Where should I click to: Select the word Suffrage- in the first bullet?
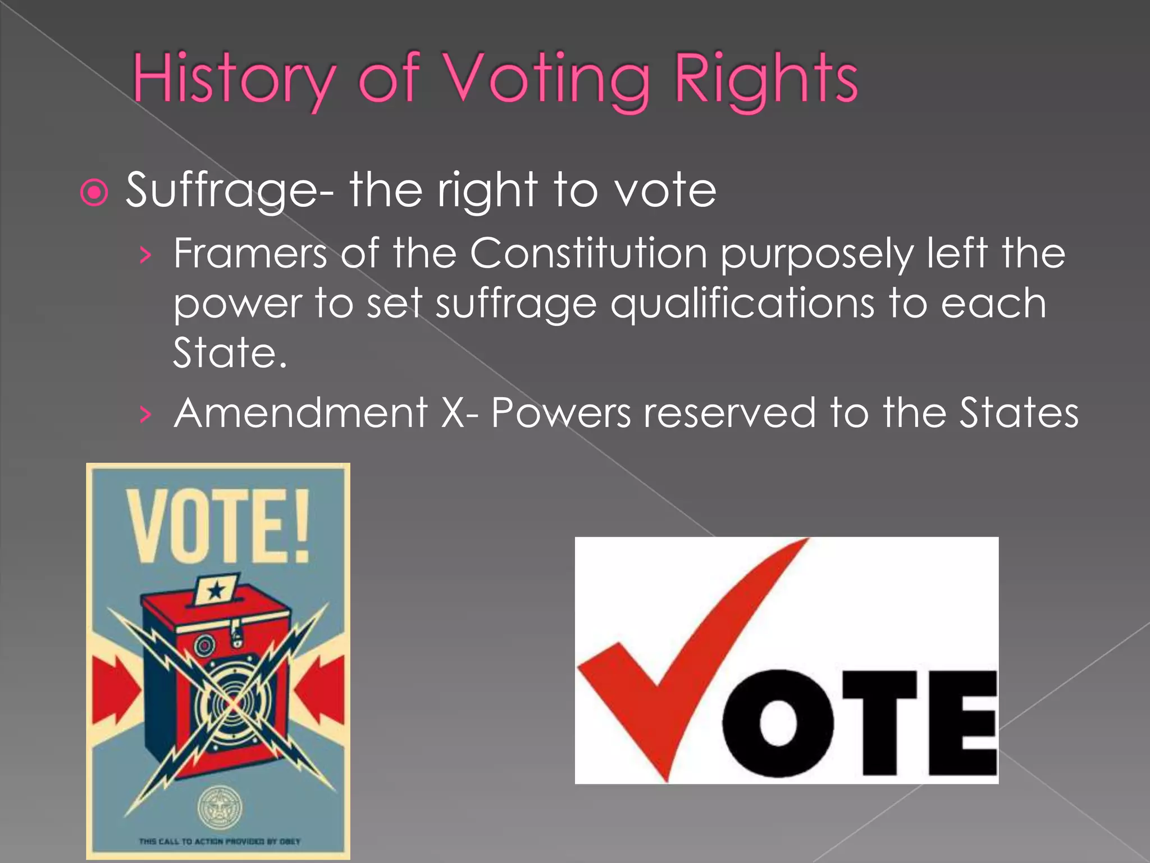[x=230, y=191]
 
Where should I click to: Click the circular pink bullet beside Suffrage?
[x=94, y=193]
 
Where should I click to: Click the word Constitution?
[x=588, y=254]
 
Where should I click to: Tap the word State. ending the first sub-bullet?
[x=230, y=353]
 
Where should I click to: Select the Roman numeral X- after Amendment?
[x=459, y=414]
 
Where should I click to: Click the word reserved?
[x=729, y=414]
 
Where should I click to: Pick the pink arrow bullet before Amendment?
[x=146, y=415]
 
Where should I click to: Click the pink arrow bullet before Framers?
[x=146, y=256]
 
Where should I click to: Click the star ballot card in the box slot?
[x=216, y=589]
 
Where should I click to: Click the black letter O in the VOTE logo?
[x=778, y=723]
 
